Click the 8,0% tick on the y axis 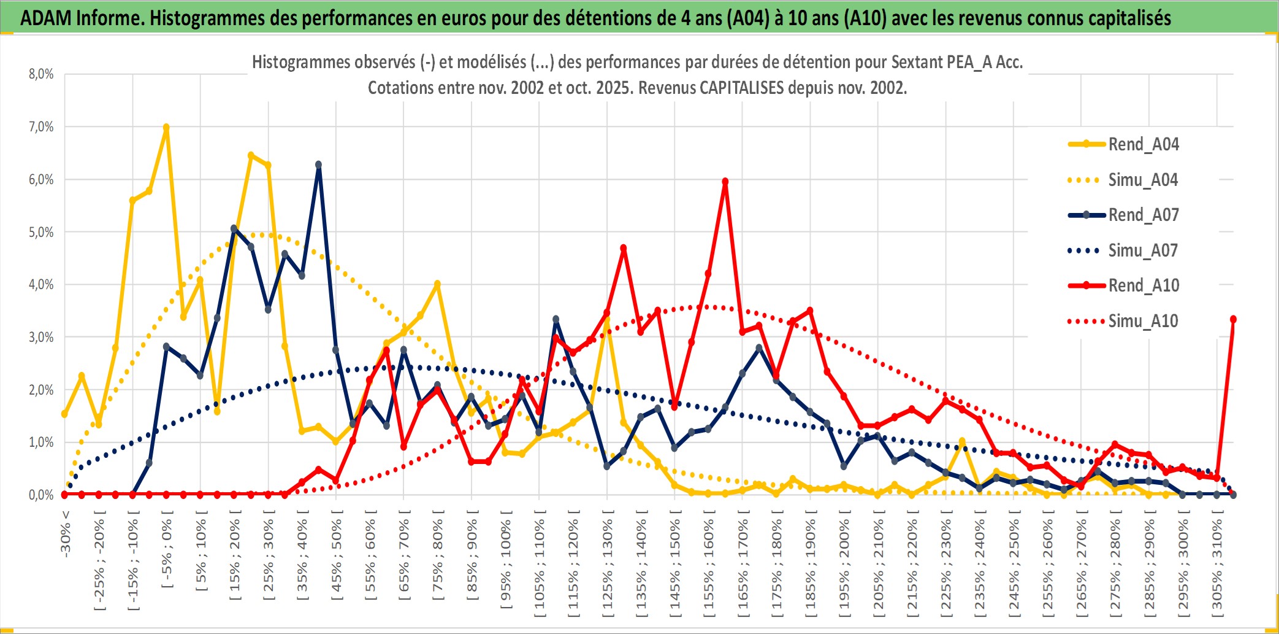coord(41,74)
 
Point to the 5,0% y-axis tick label coord(41,232)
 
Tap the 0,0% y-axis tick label coord(41,495)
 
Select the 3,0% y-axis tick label coord(41,337)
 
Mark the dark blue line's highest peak coord(318,164)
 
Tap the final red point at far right coord(1233,319)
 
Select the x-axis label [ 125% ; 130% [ coord(607,565)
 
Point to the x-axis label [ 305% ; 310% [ coord(1217,565)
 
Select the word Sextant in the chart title coord(916,62)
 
